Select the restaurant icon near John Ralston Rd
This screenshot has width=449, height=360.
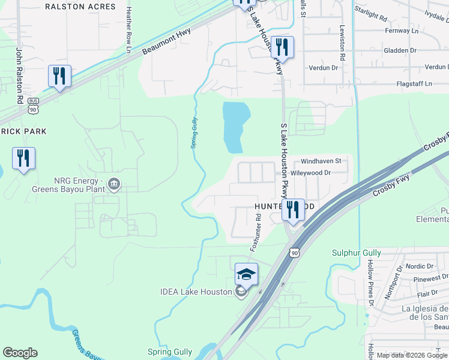tap(59, 76)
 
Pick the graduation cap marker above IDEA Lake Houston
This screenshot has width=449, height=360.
tap(246, 274)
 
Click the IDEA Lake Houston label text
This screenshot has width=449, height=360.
tap(196, 292)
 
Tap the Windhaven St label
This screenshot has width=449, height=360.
tap(321, 161)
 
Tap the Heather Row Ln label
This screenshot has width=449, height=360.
tap(128, 29)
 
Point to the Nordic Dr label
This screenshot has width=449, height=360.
tap(419, 266)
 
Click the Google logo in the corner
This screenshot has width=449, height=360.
tap(20, 353)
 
